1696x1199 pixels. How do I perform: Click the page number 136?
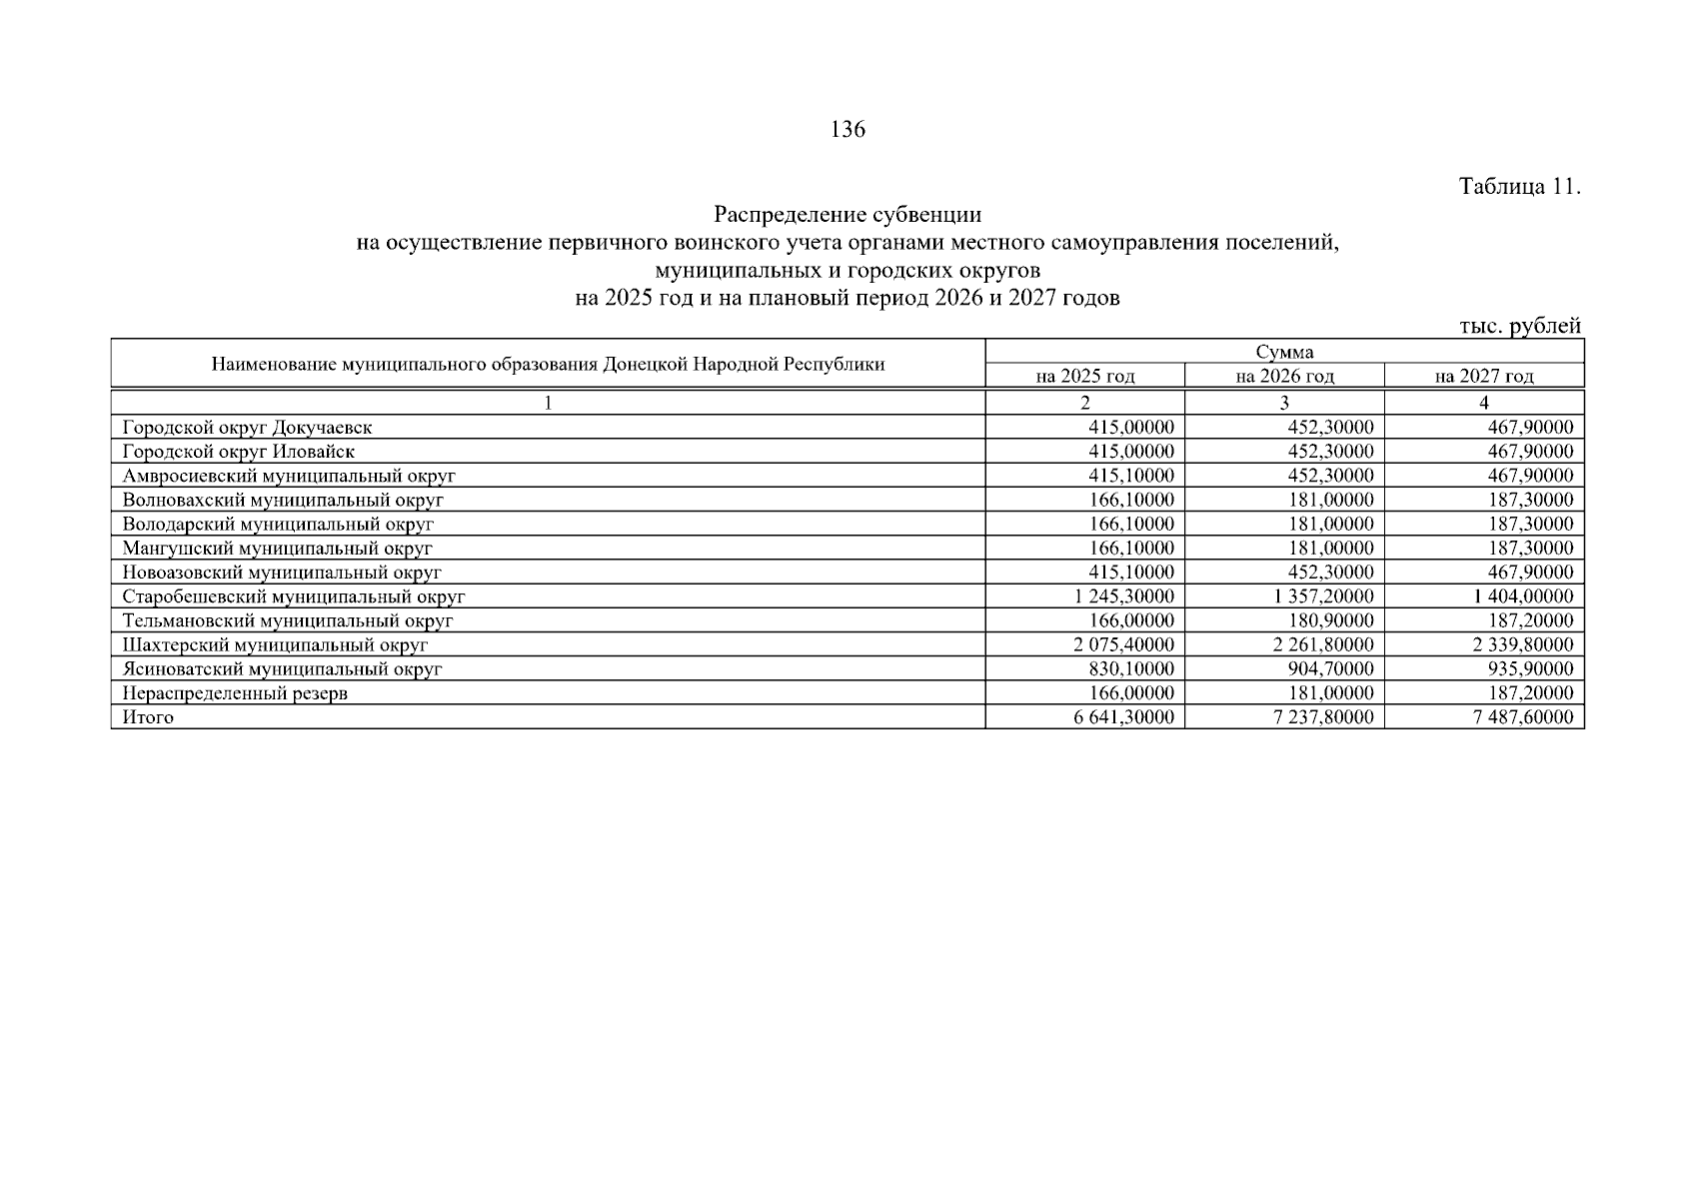[848, 130]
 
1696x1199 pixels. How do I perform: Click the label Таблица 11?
[1519, 187]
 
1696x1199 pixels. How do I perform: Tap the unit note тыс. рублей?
[1519, 326]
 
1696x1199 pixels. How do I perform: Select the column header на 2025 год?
[1085, 377]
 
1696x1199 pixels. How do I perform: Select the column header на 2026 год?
[1284, 377]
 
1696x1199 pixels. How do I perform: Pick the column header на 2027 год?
[1483, 377]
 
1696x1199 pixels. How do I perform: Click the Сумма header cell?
[1284, 352]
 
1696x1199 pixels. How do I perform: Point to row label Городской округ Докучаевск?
[247, 428]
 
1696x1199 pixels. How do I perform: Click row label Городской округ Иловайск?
[238, 452]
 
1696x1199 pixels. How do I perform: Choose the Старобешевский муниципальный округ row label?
[294, 597]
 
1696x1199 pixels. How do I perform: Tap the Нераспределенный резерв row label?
[235, 693]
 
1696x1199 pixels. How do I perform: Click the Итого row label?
[148, 717]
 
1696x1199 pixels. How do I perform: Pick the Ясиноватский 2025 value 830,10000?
[1131, 669]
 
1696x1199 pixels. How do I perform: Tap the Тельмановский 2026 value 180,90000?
[1331, 620]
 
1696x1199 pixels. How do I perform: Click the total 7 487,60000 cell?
[1522, 717]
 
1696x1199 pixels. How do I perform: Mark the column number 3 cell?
[1284, 403]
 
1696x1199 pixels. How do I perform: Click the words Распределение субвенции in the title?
[848, 215]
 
